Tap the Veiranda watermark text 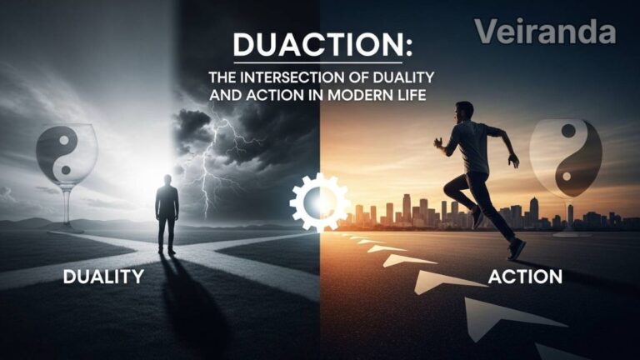pos(546,32)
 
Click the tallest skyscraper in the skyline pos(406,208)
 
